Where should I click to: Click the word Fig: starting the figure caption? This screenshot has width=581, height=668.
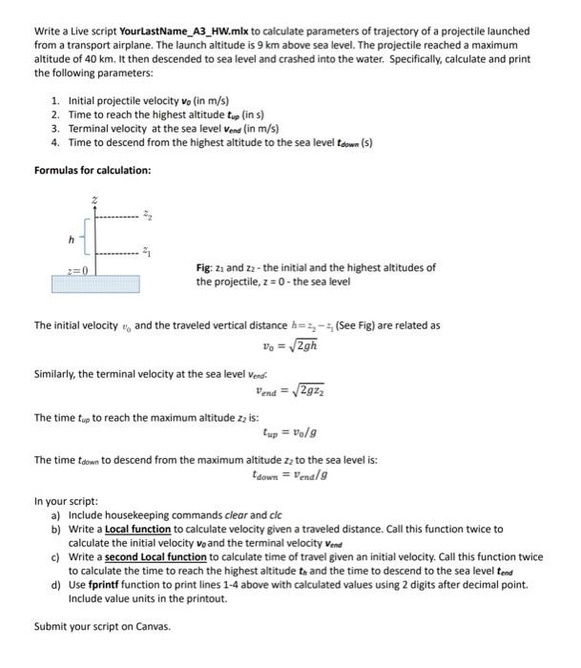204,268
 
